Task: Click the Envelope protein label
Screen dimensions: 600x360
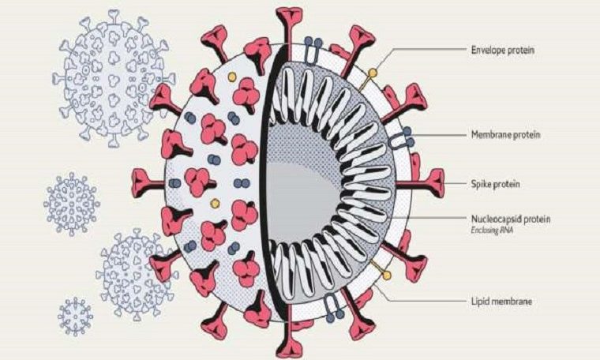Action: pyautogui.click(x=502, y=50)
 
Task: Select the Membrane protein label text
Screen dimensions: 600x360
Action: pyautogui.click(x=505, y=135)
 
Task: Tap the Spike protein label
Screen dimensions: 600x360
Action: pyautogui.click(x=496, y=184)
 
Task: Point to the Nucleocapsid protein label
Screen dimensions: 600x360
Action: pyautogui.click(x=511, y=219)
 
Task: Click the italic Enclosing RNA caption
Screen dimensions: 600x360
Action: pyautogui.click(x=492, y=231)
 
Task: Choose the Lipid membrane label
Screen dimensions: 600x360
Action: pyautogui.click(x=501, y=302)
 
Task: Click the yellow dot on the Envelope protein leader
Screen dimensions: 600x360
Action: pyautogui.click(x=372, y=73)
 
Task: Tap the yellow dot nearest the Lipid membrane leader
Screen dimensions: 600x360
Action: pyautogui.click(x=387, y=275)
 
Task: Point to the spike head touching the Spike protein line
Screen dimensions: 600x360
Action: pyautogui.click(x=435, y=184)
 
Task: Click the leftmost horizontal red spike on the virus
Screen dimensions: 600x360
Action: pyautogui.click(x=148, y=181)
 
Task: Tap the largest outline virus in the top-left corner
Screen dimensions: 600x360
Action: pyautogui.click(x=114, y=77)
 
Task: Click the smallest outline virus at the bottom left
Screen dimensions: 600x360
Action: pyautogui.click(x=76, y=317)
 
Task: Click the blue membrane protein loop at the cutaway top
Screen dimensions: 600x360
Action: pyautogui.click(x=313, y=50)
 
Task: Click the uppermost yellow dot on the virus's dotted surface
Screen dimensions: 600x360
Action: pyautogui.click(x=231, y=77)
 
